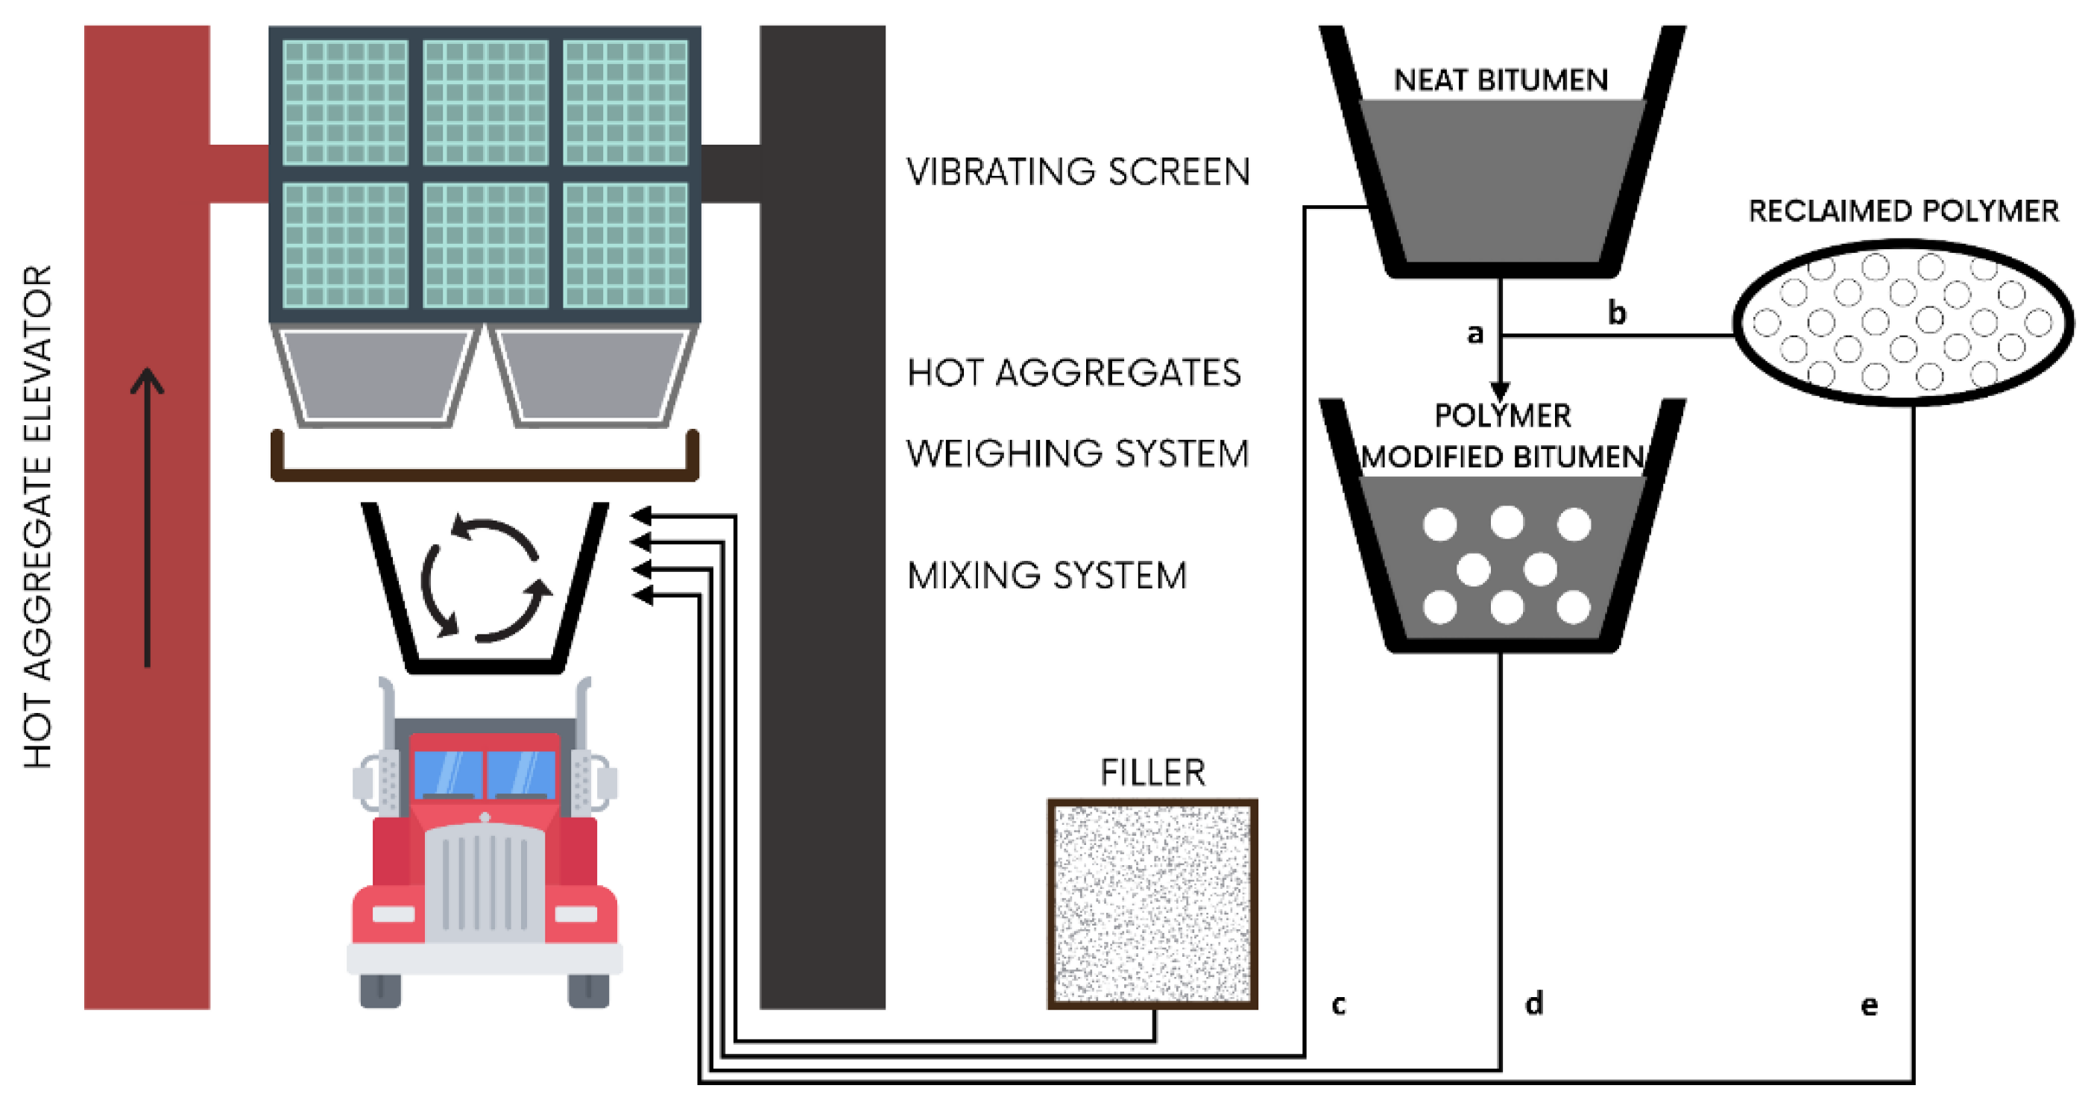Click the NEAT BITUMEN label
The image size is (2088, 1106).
1501,81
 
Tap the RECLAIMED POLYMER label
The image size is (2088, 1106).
1903,211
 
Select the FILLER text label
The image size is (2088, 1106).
1152,772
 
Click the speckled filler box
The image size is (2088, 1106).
1152,903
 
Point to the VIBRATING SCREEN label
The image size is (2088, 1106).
1078,172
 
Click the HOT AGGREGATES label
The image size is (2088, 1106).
1074,373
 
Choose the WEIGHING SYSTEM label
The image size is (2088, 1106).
1077,453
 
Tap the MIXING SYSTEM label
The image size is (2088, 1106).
1047,576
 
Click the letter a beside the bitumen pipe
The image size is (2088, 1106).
1475,333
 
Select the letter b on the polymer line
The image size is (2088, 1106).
1616,312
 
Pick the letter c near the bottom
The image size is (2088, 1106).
1338,1005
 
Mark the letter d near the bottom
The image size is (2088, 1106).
1533,1003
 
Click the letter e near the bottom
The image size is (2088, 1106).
1868,1005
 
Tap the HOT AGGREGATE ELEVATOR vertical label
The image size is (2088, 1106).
38,517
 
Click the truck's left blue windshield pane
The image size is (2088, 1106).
447,773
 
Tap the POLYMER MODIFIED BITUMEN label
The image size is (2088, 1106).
1502,436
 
